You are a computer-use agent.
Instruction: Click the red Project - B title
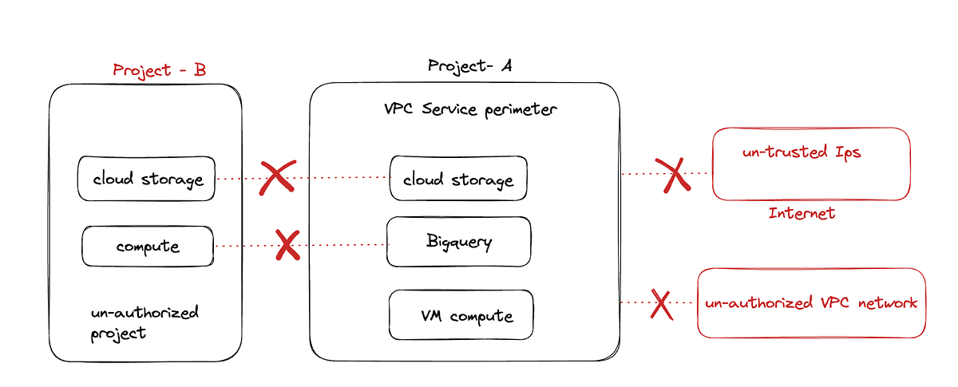[x=160, y=69]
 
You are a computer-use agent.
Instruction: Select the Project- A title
[x=469, y=65]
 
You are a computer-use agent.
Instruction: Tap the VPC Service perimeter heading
[x=470, y=109]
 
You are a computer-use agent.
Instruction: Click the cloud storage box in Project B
[x=147, y=179]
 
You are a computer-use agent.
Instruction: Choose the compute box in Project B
[x=148, y=246]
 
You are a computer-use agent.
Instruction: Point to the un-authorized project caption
[x=144, y=321]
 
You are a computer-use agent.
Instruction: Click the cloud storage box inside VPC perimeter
[x=458, y=180]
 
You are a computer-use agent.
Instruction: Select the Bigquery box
[x=458, y=241]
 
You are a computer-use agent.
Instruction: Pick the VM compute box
[x=461, y=315]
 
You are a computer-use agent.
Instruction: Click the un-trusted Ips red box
[x=810, y=164]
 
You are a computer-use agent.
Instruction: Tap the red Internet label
[x=802, y=213]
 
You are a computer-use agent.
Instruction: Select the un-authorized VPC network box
[x=811, y=303]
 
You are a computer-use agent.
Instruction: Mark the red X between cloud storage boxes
[x=277, y=177]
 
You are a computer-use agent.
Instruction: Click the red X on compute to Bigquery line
[x=287, y=245]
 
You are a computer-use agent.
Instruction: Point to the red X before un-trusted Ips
[x=673, y=174]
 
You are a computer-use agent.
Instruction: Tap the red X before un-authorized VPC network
[x=661, y=303]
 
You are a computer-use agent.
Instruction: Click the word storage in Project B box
[x=172, y=180]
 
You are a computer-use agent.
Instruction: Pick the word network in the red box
[x=888, y=303]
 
